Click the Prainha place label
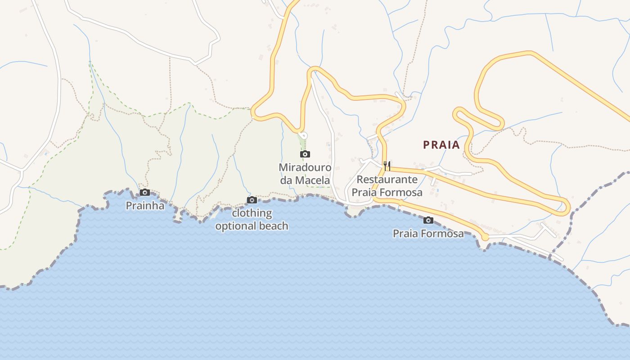tap(145, 206)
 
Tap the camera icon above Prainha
tap(145, 193)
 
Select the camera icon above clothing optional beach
tap(252, 200)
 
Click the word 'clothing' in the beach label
tap(252, 213)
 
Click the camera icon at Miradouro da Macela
tap(305, 154)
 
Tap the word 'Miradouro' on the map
tap(305, 167)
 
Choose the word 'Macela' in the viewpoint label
tap(313, 180)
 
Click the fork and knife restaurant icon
tap(387, 166)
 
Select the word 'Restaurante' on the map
tap(387, 179)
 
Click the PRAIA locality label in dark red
tap(441, 145)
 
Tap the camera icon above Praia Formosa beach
tap(428, 220)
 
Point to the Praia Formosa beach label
tap(428, 234)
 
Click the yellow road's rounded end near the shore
tap(485, 237)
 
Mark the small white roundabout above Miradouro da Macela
tap(303, 135)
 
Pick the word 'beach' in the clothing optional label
tap(274, 225)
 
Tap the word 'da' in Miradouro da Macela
tap(287, 180)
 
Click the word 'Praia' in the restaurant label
tap(363, 193)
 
